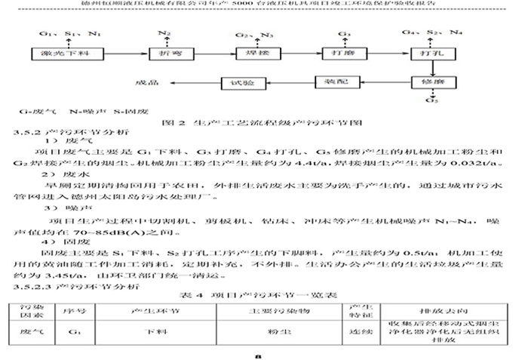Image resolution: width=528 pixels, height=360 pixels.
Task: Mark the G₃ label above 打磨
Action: [344, 33]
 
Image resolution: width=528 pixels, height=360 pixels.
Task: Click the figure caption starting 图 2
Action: [264, 119]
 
